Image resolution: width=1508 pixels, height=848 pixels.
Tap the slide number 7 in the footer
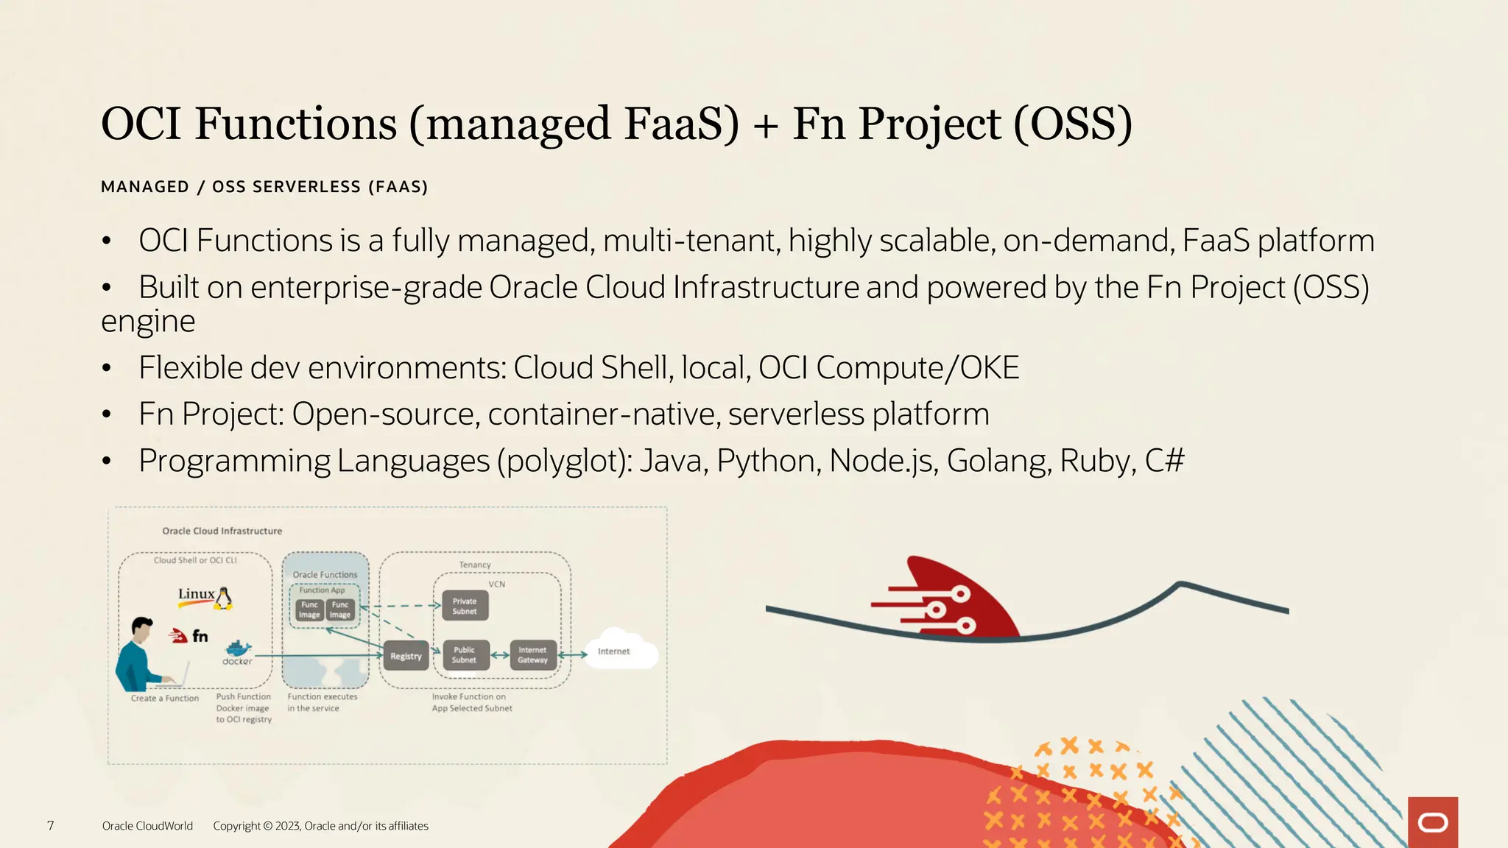click(x=50, y=826)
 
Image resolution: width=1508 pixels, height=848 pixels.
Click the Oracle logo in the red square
click(x=1432, y=822)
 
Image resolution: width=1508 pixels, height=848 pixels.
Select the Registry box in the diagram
click(x=406, y=656)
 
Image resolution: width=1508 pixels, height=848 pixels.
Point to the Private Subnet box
click(x=465, y=606)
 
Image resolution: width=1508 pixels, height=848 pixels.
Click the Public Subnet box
click(x=464, y=654)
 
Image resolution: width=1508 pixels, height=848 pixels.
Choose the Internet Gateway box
click(x=532, y=654)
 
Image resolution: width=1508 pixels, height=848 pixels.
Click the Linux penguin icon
click(x=224, y=598)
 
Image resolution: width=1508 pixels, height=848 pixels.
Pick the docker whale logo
click(x=238, y=650)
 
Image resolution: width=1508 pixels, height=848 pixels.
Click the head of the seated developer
click(x=141, y=629)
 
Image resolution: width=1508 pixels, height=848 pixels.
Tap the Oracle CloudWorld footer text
click(x=147, y=826)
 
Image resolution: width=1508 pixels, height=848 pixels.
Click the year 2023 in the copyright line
click(x=288, y=826)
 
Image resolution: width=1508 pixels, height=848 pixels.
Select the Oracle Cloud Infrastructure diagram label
click(x=222, y=531)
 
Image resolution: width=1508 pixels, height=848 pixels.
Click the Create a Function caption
click(x=165, y=698)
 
